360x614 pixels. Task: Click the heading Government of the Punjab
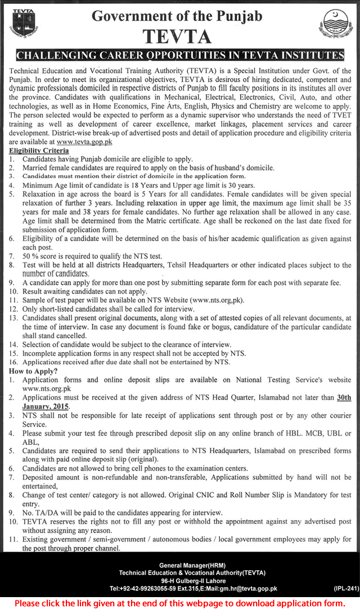177,16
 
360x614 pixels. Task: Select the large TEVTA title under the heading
177,37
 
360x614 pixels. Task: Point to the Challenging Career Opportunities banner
180,55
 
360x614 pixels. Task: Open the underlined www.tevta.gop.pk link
88,142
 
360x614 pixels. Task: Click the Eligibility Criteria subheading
39,151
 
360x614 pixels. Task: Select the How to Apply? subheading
33,371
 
